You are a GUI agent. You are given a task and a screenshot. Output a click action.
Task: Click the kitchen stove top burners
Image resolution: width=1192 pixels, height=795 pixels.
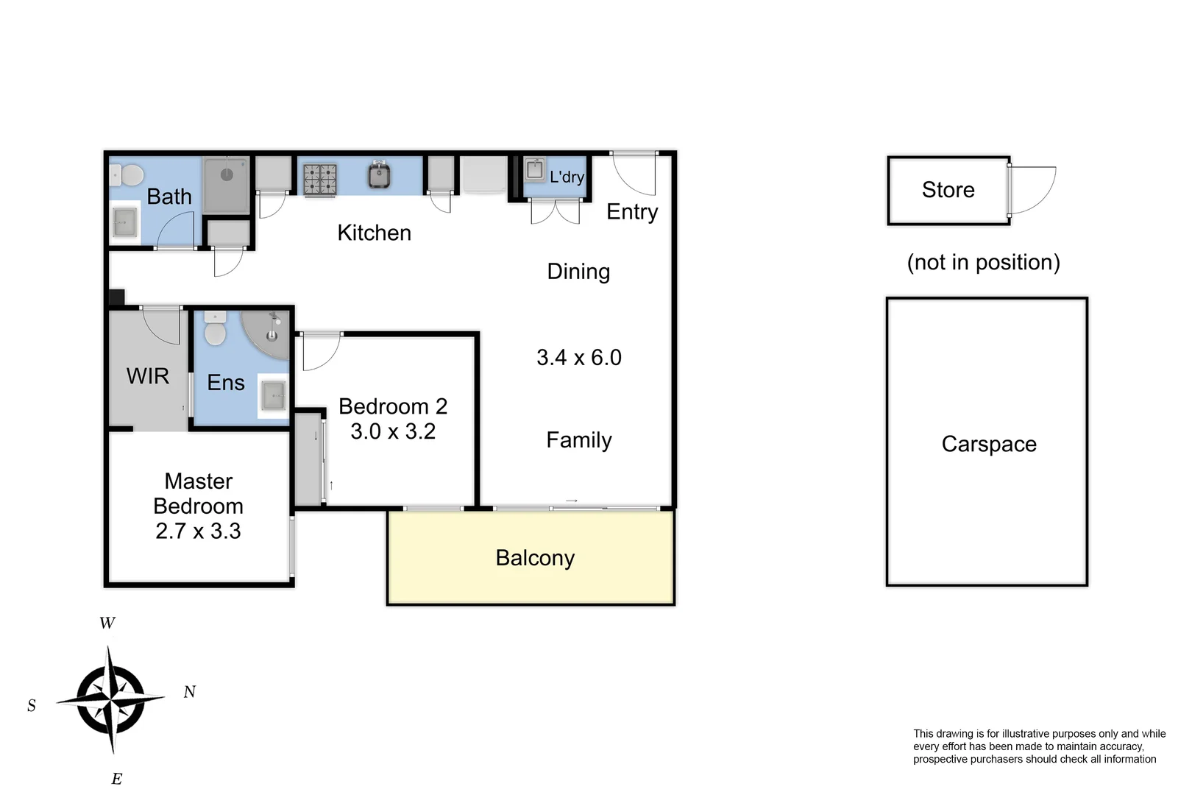(x=320, y=180)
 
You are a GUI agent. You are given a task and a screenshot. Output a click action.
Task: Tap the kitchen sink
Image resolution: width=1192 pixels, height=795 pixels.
(x=379, y=176)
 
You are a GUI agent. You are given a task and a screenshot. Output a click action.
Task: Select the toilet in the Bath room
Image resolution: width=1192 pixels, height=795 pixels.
(x=130, y=176)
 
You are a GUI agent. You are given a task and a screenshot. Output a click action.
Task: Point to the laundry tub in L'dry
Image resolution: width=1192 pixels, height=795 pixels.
(x=535, y=169)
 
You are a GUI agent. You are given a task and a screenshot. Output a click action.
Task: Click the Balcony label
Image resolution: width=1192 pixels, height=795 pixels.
(x=535, y=558)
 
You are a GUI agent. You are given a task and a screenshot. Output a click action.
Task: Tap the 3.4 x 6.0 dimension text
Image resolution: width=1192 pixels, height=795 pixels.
(x=579, y=358)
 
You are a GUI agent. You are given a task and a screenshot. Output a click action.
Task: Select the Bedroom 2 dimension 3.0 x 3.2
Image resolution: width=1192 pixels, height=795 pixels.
(x=393, y=431)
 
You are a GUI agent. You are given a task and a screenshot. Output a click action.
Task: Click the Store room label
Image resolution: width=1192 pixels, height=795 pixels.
(x=948, y=190)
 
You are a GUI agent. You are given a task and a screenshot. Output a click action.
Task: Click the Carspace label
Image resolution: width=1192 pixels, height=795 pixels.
(x=988, y=444)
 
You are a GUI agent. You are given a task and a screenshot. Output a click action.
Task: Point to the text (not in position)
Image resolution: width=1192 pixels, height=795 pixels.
(x=983, y=262)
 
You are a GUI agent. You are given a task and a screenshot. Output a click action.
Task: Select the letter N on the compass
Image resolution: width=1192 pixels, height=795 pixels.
(x=189, y=692)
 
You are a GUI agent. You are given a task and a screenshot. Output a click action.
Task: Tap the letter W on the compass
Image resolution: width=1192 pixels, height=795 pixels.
(x=107, y=623)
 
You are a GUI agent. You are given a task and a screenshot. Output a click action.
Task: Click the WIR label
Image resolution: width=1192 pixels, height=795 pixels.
(x=148, y=376)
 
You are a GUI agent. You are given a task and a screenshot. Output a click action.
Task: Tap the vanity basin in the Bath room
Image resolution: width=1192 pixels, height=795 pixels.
(x=125, y=222)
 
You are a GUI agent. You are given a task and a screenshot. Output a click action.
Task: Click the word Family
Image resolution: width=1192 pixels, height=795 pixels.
(x=579, y=440)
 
